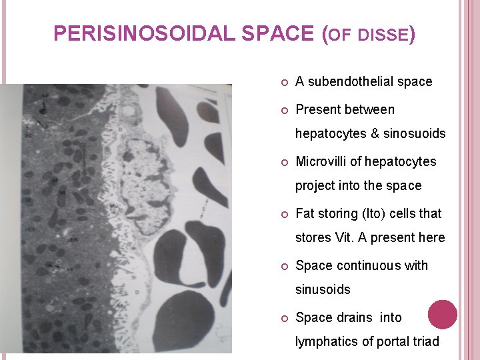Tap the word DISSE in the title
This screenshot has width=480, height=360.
click(x=383, y=35)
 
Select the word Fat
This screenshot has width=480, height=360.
click(x=305, y=213)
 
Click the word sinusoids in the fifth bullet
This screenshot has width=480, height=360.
click(x=323, y=289)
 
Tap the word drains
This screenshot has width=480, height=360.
click(x=352, y=317)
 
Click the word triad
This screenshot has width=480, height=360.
click(x=425, y=341)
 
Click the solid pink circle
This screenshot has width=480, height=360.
click(x=442, y=314)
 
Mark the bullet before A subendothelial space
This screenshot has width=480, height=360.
click(x=283, y=82)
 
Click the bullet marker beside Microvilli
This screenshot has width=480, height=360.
click(x=283, y=162)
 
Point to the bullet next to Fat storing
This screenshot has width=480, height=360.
click(x=283, y=214)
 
